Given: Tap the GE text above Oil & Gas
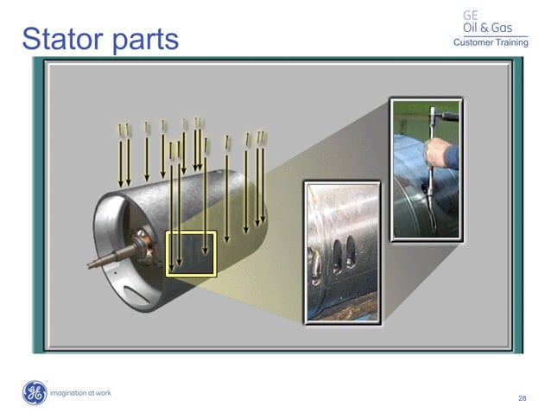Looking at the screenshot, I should [470, 15].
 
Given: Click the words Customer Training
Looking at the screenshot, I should [491, 43].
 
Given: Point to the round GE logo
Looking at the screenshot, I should [35, 393].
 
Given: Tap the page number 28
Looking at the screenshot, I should [522, 398].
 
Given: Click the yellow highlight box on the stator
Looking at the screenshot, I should [190, 253].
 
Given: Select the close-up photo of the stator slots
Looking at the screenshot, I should [341, 251].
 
